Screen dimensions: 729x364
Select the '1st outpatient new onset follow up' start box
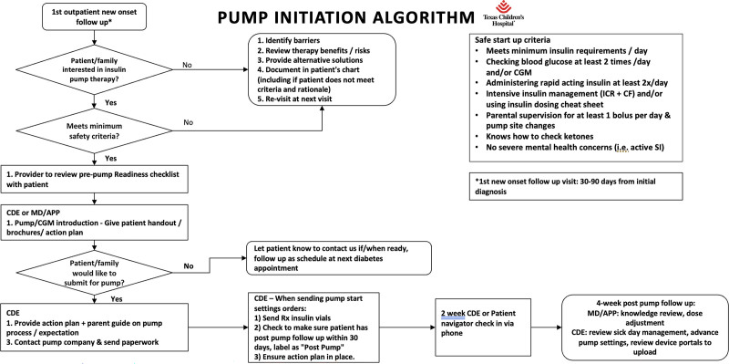coord(94,16)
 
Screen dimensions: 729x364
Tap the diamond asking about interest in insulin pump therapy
coord(94,69)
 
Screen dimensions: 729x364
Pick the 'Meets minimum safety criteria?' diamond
coord(94,130)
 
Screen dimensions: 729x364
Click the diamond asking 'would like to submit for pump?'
coord(94,271)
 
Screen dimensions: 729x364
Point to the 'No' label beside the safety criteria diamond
coord(188,122)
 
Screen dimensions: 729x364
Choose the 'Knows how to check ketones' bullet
coord(529,138)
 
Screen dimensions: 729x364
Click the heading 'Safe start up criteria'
coord(512,39)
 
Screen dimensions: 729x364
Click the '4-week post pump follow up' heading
coord(645,302)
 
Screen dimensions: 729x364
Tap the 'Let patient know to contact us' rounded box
coord(338,257)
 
